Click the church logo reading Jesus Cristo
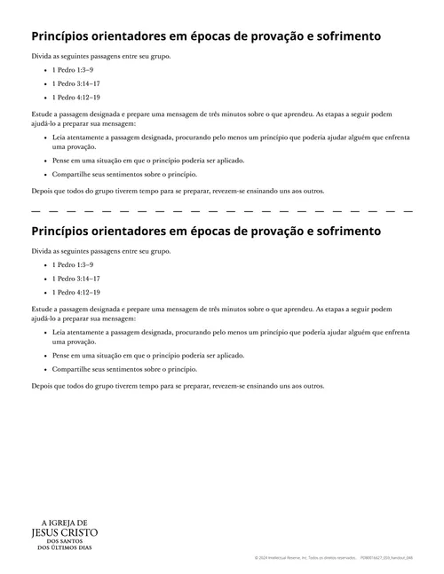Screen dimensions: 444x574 coord(64,532)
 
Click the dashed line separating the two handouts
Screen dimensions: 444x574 coord(222,211)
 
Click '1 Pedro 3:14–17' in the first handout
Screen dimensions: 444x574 coord(75,83)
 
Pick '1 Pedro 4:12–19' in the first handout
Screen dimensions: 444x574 coord(75,97)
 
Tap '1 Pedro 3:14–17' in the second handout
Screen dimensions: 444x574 coord(75,278)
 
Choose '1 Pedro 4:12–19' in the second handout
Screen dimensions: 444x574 coord(75,292)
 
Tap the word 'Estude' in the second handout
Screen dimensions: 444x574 coord(42,310)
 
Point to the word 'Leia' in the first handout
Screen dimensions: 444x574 coord(59,138)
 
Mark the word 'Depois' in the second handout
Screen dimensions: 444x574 coord(43,386)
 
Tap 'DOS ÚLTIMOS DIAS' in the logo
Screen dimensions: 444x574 coord(64,548)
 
